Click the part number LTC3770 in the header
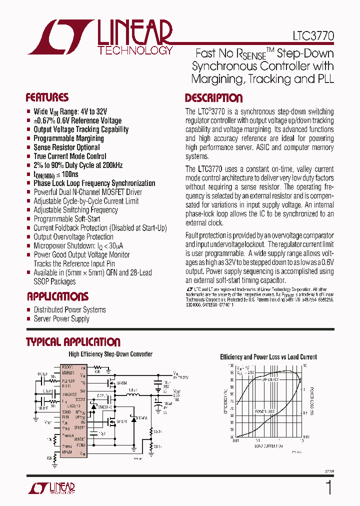[x=313, y=37]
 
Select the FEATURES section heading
[x=47, y=97]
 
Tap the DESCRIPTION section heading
[x=213, y=98]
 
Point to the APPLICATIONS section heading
[x=57, y=296]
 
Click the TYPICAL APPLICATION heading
[x=73, y=342]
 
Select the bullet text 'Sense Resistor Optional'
[x=66, y=147]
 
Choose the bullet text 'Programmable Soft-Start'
[x=66, y=218]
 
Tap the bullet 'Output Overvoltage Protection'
[x=73, y=236]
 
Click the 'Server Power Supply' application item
[x=61, y=318]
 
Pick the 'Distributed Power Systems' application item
[x=69, y=309]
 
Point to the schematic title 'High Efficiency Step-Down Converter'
[x=110, y=354]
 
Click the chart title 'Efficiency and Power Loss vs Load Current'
[x=268, y=357]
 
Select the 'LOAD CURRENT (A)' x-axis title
[x=268, y=445]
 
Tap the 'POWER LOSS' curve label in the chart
[x=265, y=411]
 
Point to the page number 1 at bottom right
[x=328, y=487]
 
